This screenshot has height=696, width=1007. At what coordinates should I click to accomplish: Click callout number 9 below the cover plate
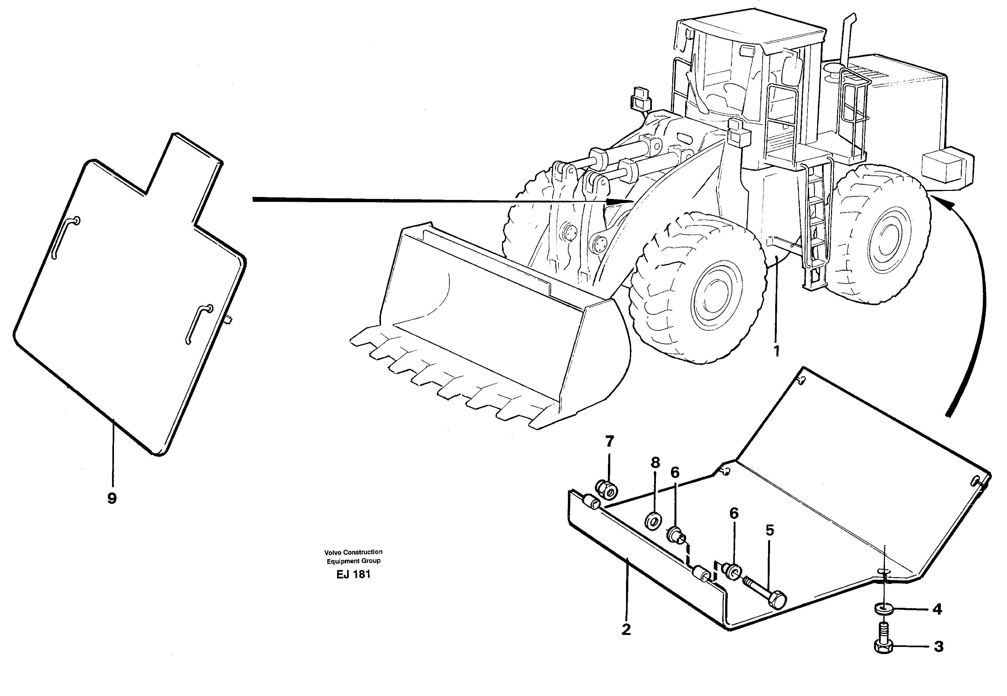[112, 498]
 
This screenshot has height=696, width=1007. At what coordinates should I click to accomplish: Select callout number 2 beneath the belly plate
[626, 629]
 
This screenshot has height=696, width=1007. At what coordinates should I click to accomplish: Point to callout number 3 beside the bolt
[938, 646]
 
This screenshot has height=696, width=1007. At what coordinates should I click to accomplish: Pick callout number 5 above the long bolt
[769, 531]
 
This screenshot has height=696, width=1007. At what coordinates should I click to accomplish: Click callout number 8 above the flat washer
[655, 463]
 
